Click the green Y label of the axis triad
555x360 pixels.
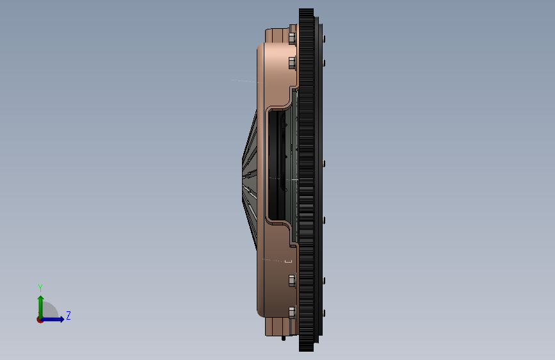click(x=40, y=288)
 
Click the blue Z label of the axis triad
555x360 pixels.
click(x=68, y=315)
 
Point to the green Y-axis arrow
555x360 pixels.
click(x=41, y=307)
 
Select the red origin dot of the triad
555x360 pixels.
click(x=40, y=320)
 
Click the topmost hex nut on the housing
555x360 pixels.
click(x=292, y=38)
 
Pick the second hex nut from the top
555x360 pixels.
click(x=292, y=63)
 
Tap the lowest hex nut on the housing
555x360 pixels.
click(x=292, y=312)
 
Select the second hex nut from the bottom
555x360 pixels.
click(x=292, y=281)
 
